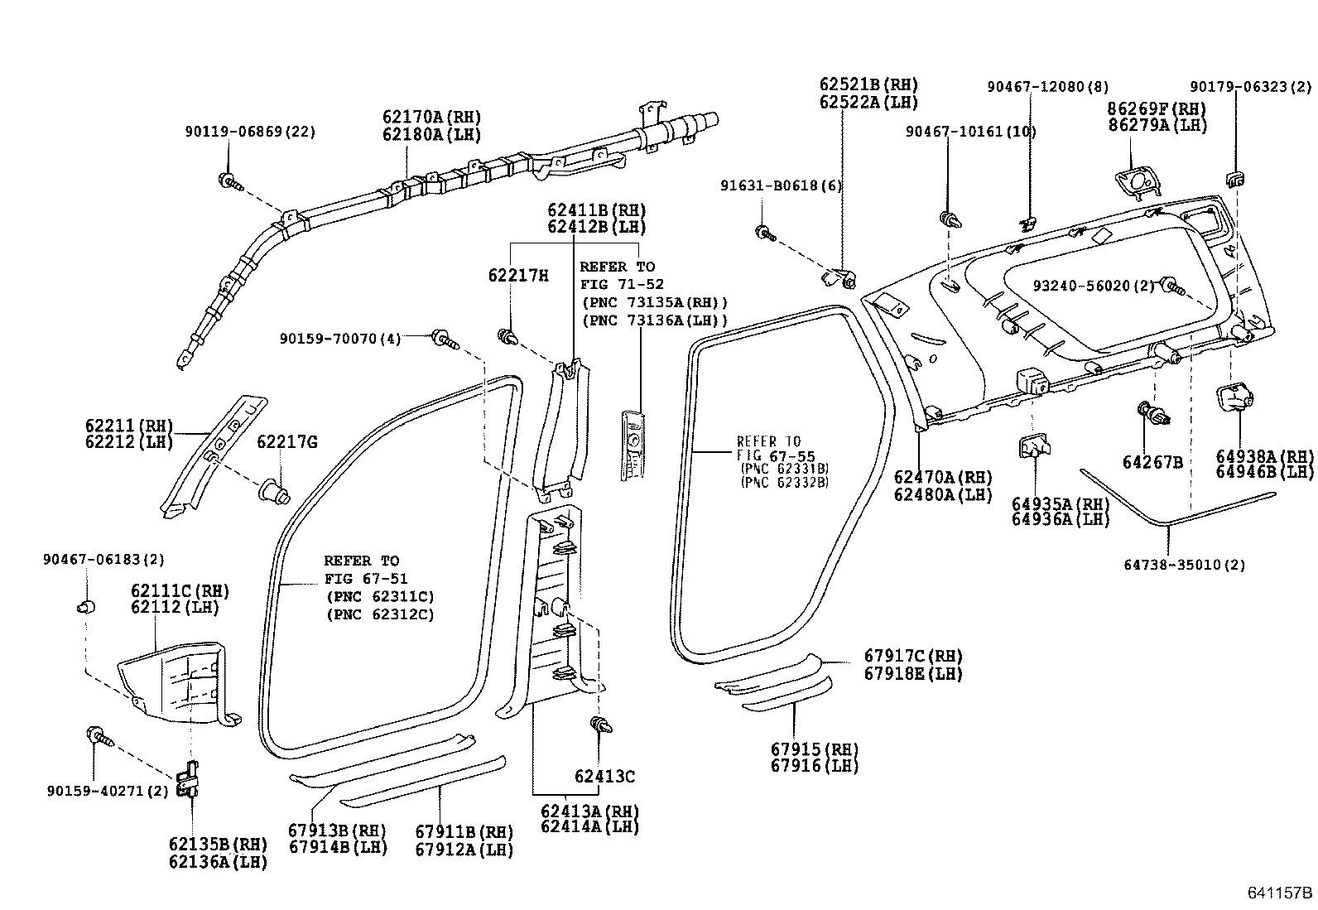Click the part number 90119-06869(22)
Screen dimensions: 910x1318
(x=249, y=131)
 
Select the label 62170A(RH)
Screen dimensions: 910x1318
(x=431, y=118)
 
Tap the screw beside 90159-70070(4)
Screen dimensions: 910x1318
(x=444, y=339)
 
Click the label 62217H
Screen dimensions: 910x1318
(x=517, y=275)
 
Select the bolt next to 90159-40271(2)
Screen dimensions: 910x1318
(x=98, y=735)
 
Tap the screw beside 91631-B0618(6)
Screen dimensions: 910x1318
(x=764, y=234)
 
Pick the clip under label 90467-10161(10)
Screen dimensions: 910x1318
(x=949, y=220)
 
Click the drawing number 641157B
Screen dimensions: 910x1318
(x=1280, y=893)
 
